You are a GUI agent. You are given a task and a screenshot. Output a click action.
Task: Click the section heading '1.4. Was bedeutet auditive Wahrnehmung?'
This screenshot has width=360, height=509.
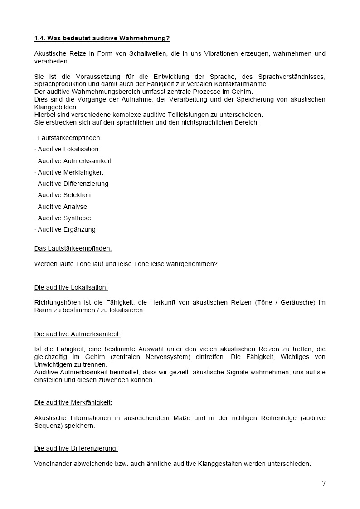tap(102, 39)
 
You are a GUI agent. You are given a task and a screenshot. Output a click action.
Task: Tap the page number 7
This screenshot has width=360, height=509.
tap(324, 483)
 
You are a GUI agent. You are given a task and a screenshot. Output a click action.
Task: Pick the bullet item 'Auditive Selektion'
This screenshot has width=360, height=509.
tap(64, 195)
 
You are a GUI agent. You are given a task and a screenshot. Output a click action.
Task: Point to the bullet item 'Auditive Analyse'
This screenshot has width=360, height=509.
tap(63, 207)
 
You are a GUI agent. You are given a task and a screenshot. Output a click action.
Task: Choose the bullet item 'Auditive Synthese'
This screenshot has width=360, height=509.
tap(64, 218)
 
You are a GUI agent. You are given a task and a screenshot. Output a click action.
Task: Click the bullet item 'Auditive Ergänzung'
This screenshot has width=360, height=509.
tap(67, 229)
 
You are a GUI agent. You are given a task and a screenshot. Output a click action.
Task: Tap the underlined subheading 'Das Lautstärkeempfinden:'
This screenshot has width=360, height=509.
tap(73, 248)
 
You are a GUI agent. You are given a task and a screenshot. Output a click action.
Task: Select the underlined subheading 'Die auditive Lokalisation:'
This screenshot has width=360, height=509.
tap(71, 287)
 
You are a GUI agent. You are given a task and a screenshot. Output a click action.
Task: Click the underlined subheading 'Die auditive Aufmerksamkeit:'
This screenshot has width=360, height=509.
tap(77, 334)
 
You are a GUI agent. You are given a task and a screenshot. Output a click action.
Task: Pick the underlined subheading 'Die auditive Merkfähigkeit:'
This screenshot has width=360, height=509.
tap(73, 402)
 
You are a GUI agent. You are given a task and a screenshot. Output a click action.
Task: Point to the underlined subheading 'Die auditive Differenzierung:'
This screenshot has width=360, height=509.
tap(76, 448)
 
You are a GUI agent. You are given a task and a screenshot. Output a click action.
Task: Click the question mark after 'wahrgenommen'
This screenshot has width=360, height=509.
tap(215, 263)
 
